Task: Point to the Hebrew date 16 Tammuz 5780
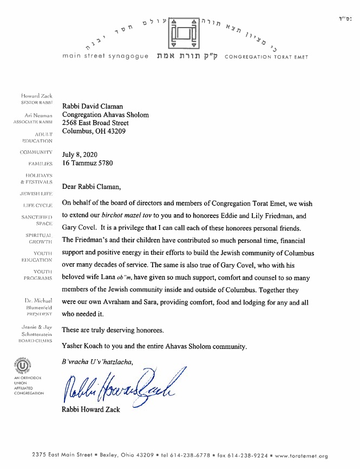click(x=88, y=162)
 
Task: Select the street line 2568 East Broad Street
click(x=103, y=123)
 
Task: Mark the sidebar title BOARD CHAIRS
click(x=34, y=341)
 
